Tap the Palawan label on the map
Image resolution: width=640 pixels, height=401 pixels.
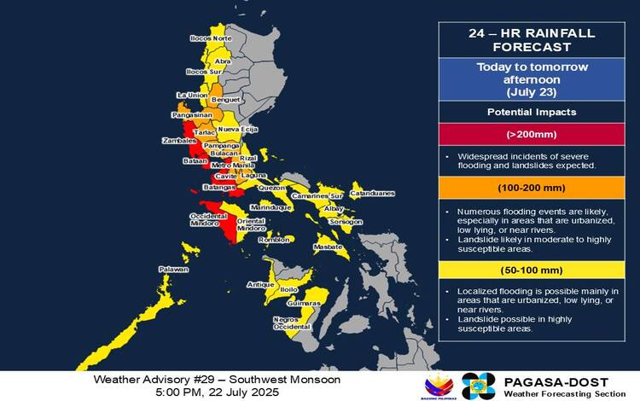173,270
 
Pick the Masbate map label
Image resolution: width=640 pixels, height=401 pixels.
329,247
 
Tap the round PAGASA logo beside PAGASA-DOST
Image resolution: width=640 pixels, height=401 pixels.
478,386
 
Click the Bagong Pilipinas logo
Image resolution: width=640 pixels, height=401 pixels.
440,386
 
